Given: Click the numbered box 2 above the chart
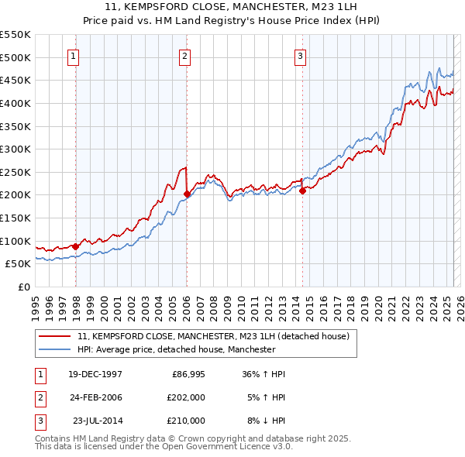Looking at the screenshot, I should tap(186, 55).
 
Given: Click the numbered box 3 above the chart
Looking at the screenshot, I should tap(300, 55).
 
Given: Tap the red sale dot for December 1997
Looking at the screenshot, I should tap(75, 246).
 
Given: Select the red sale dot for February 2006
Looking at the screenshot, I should tap(187, 194).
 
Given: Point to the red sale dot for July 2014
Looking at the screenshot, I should tap(302, 191).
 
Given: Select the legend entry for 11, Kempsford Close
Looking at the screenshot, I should tap(214, 336).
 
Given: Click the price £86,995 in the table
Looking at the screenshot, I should tap(187, 374).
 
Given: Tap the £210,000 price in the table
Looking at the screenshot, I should tap(187, 421).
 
